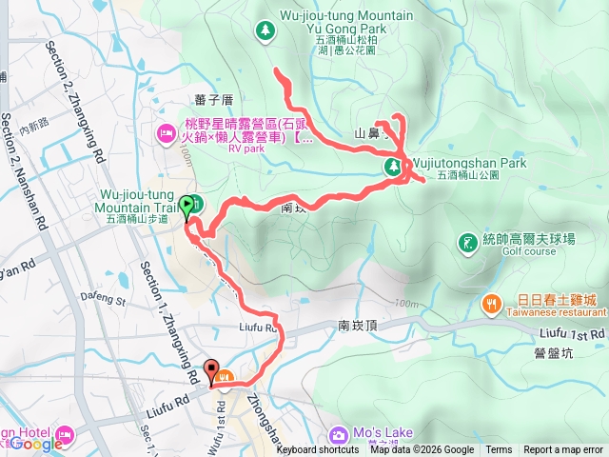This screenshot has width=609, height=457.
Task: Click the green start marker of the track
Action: click(x=185, y=204)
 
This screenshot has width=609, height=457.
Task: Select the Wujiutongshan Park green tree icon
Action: click(x=391, y=168)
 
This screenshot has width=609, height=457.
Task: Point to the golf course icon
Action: click(x=467, y=244)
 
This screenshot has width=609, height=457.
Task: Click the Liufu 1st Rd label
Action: click(x=571, y=334)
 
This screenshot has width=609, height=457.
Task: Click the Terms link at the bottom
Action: click(x=499, y=450)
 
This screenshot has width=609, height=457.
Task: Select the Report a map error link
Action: click(x=563, y=450)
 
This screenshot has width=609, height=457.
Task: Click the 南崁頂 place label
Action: click(x=359, y=326)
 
